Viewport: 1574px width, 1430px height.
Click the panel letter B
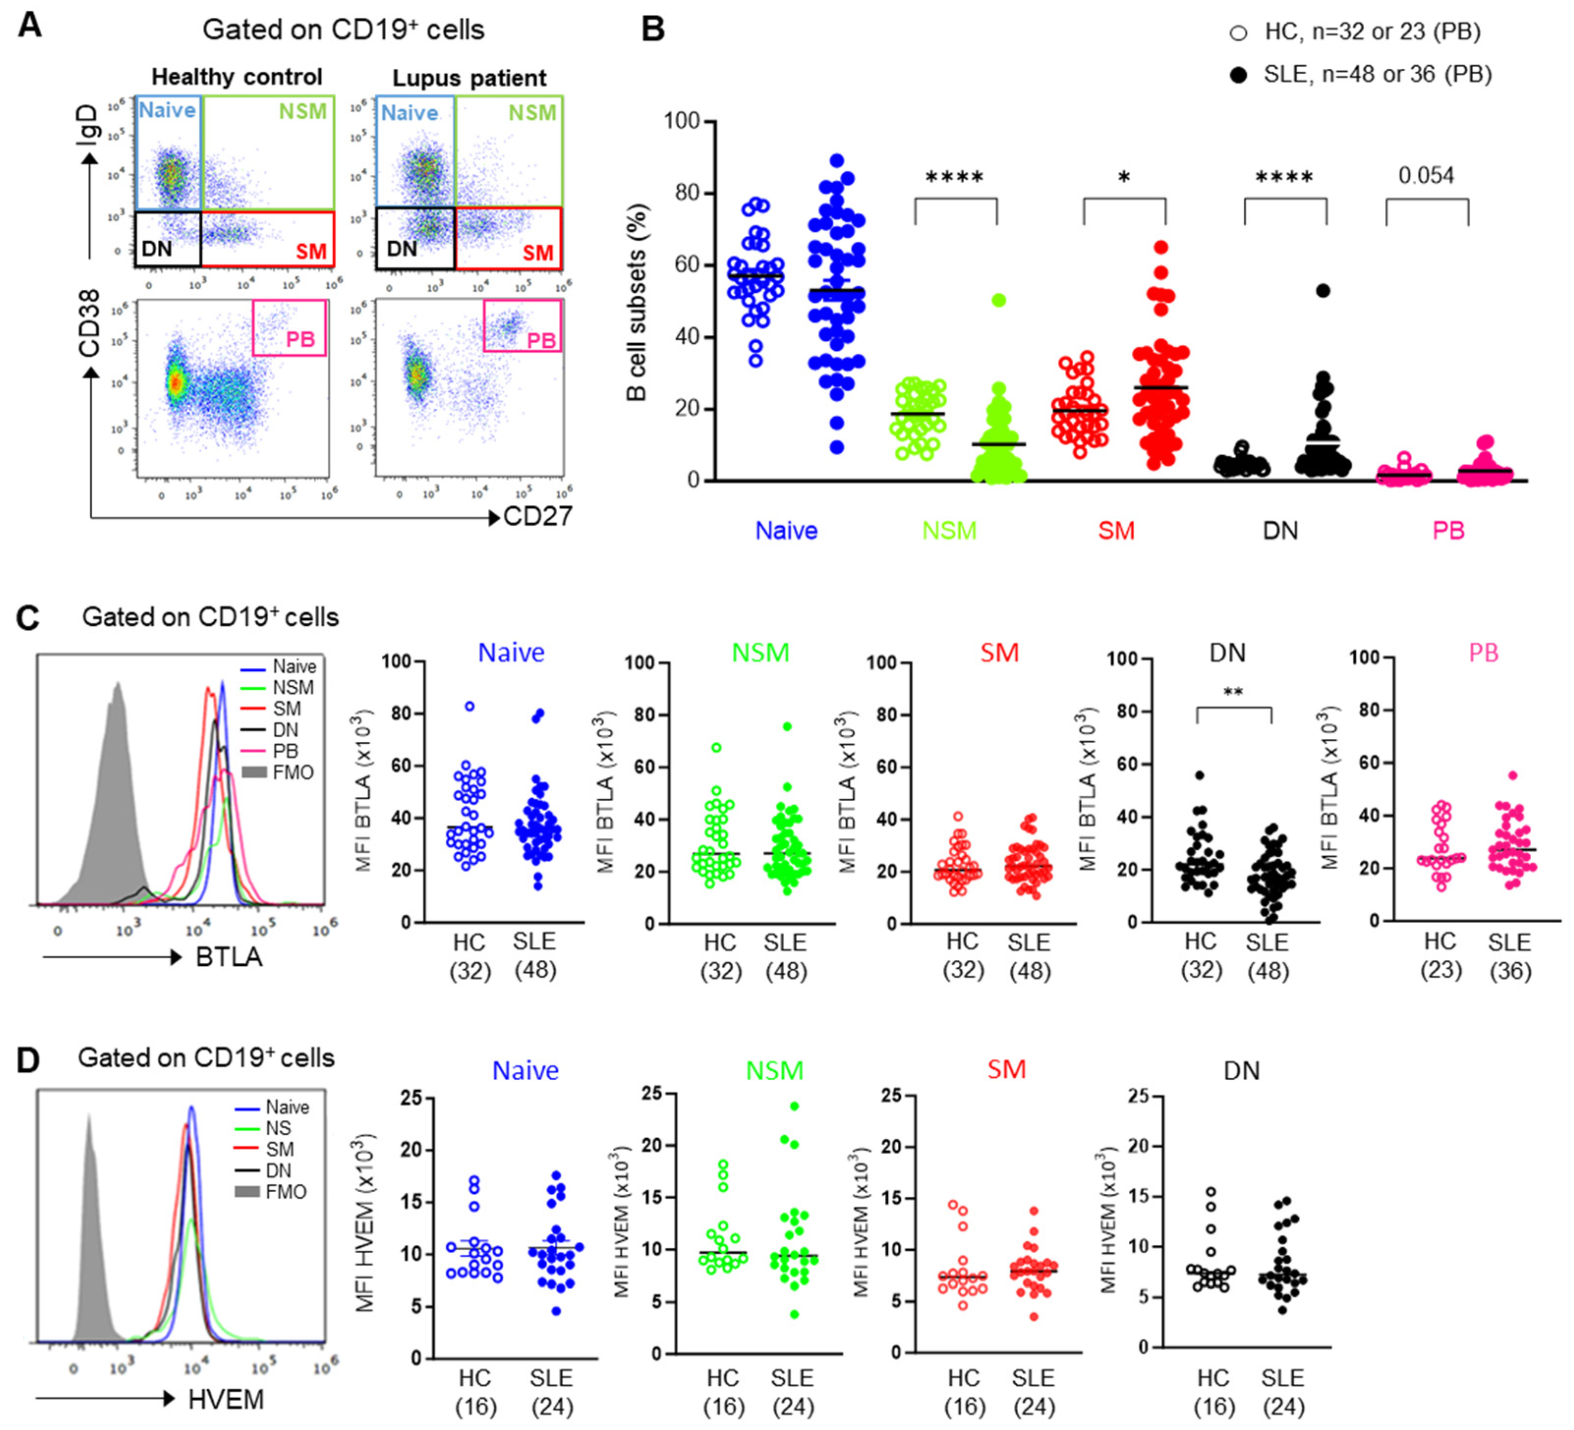point(653,29)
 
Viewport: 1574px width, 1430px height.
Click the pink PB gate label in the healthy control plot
point(301,339)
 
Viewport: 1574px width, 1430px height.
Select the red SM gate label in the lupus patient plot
point(538,253)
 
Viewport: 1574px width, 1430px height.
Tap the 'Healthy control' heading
point(236,77)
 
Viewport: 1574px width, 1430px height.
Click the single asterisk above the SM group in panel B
point(1123,178)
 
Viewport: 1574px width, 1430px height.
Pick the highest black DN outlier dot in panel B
point(1322,290)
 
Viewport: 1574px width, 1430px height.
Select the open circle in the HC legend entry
point(1237,33)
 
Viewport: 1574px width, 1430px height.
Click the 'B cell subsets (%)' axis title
point(638,303)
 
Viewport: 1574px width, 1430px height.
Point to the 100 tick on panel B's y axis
point(681,121)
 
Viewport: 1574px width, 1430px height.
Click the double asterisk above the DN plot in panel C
point(1233,692)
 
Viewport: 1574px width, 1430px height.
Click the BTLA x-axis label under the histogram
point(229,957)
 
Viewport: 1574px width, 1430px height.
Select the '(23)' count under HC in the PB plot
point(1440,970)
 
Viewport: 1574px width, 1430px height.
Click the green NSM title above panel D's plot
point(774,1070)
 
